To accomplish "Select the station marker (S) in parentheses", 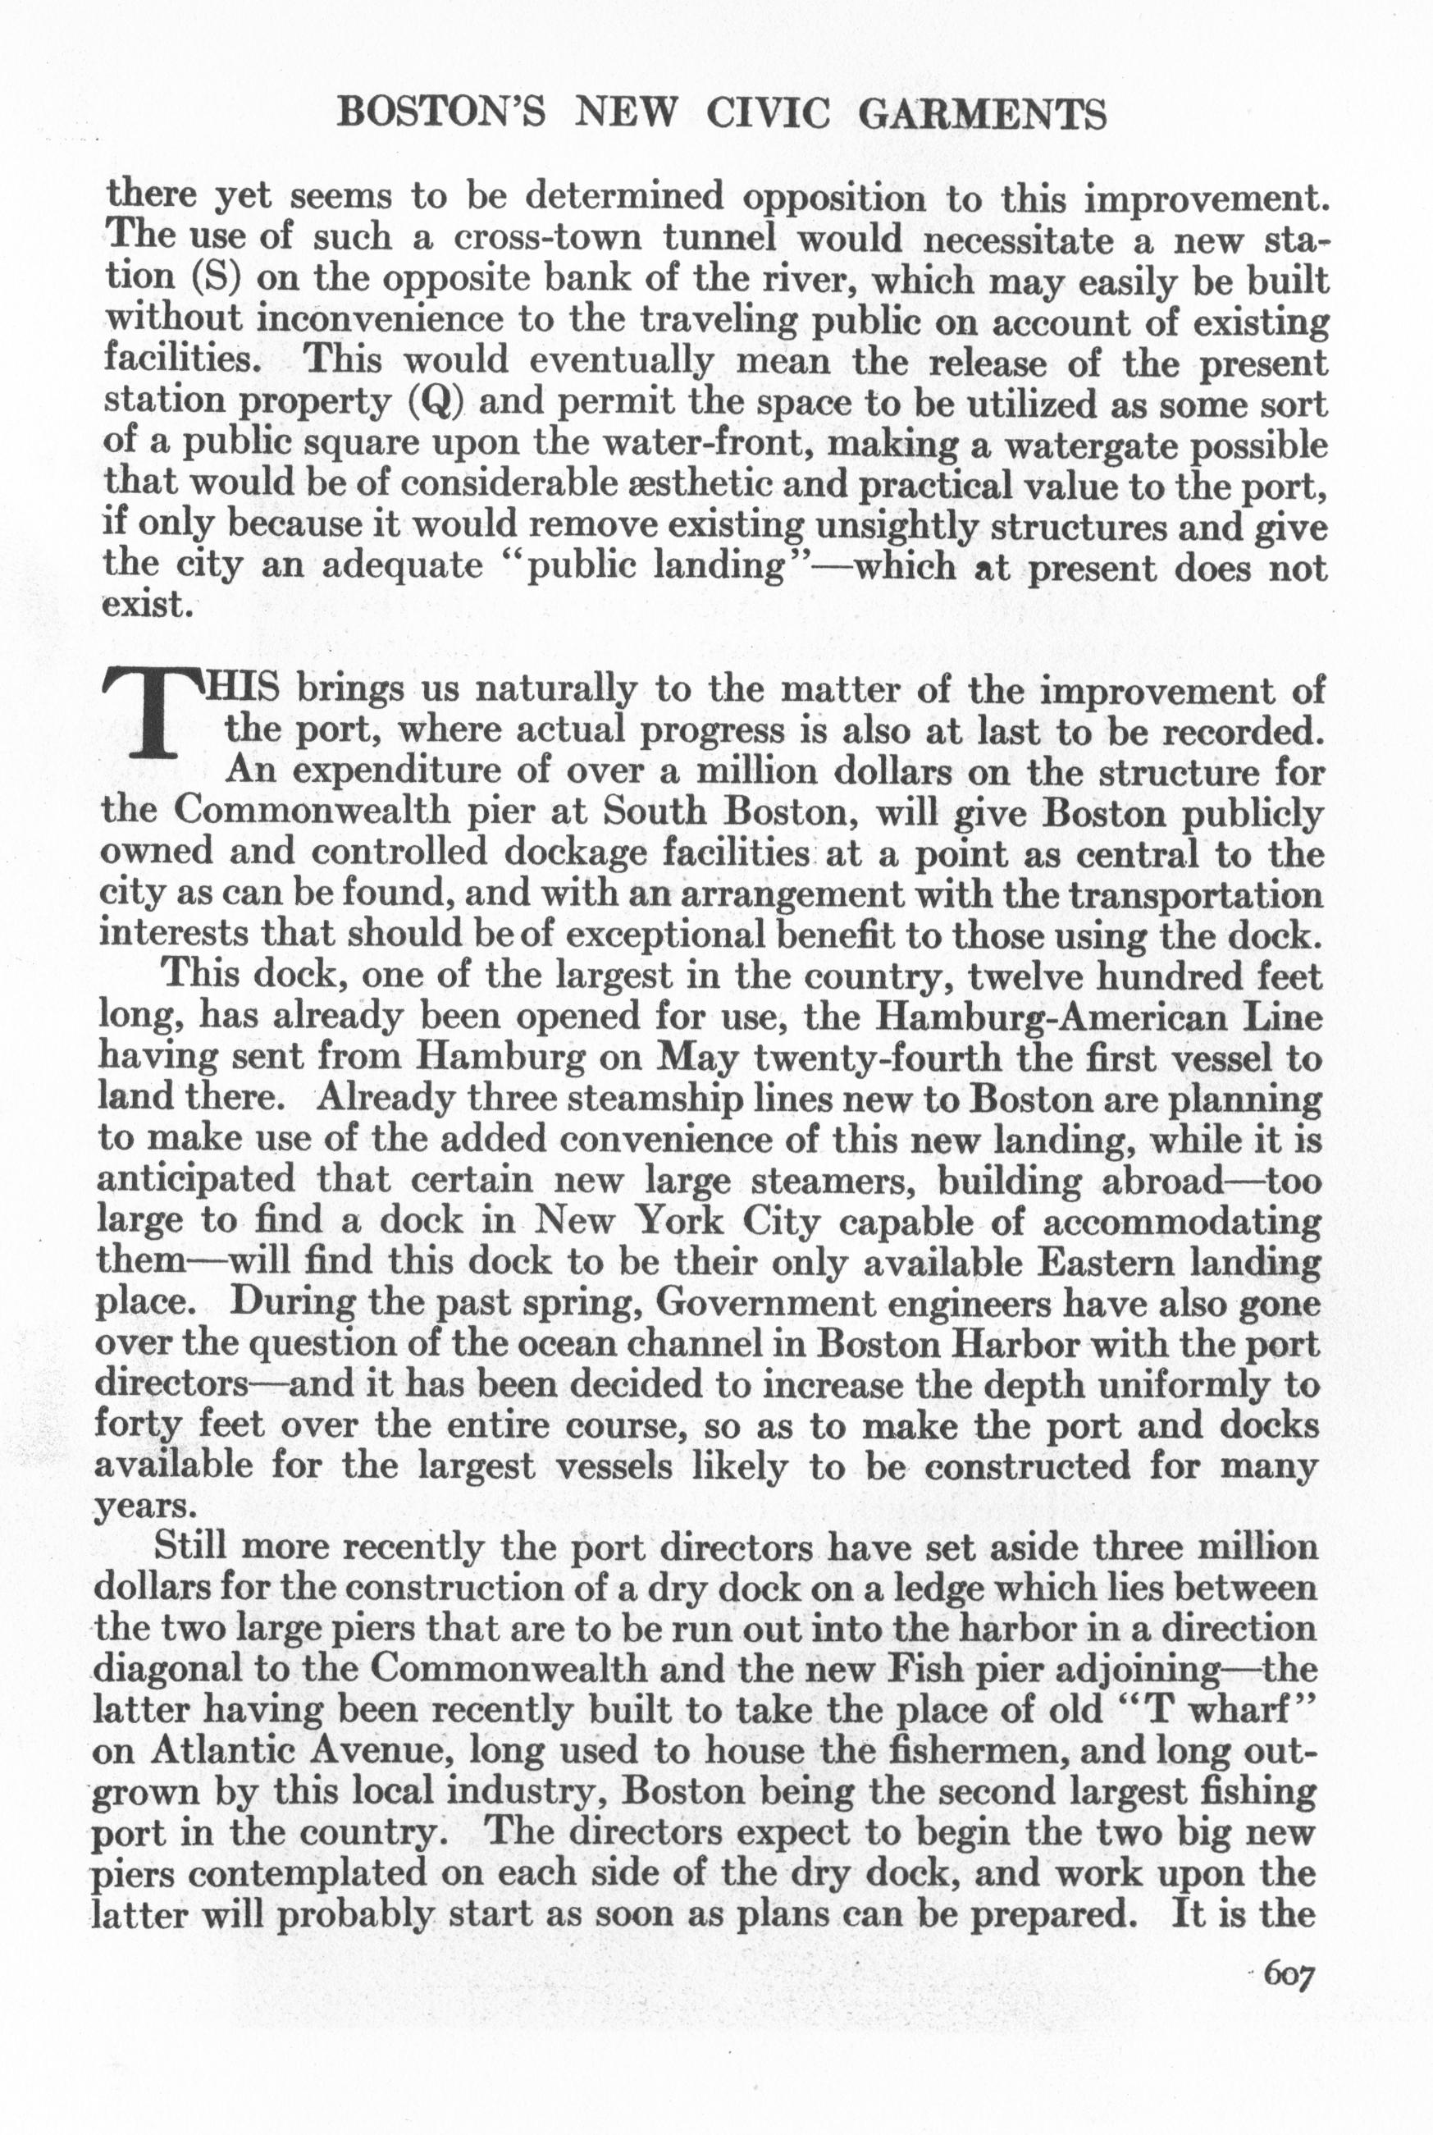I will [216, 280].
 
